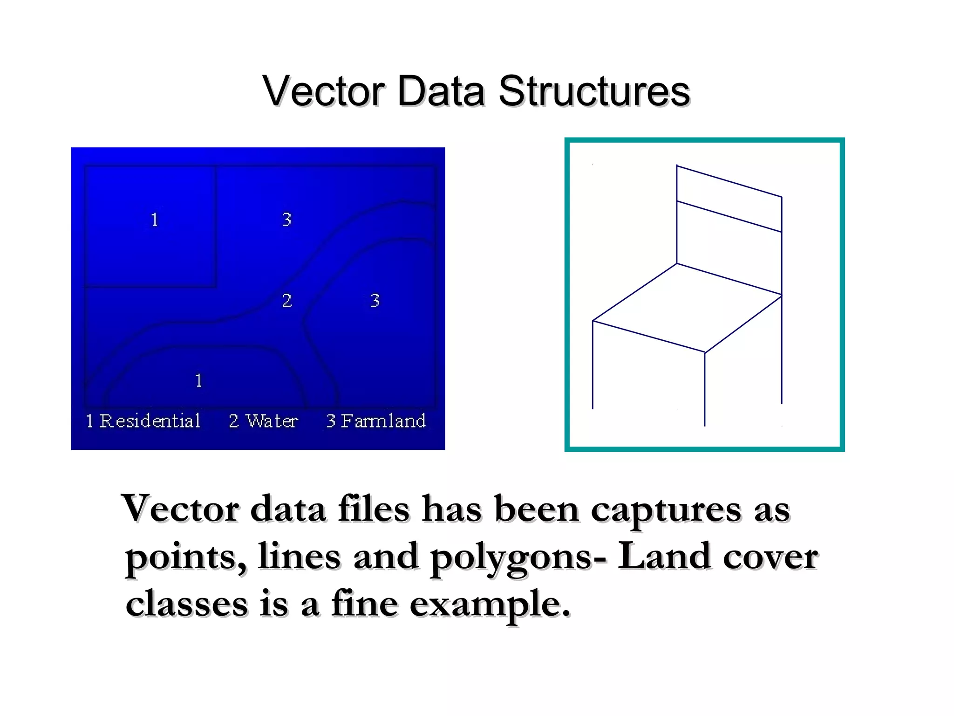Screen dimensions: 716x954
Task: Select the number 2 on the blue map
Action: click(287, 300)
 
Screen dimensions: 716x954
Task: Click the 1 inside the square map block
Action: click(155, 220)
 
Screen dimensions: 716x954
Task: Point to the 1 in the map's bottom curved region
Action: click(199, 381)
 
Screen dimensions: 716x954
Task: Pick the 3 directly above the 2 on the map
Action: click(287, 219)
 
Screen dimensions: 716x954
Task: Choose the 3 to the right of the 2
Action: click(375, 300)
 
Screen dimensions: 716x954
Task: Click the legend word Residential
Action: click(150, 421)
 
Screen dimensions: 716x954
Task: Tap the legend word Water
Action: click(272, 421)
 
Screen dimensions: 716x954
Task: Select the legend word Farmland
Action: click(383, 421)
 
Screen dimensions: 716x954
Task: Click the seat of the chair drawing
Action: click(687, 308)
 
